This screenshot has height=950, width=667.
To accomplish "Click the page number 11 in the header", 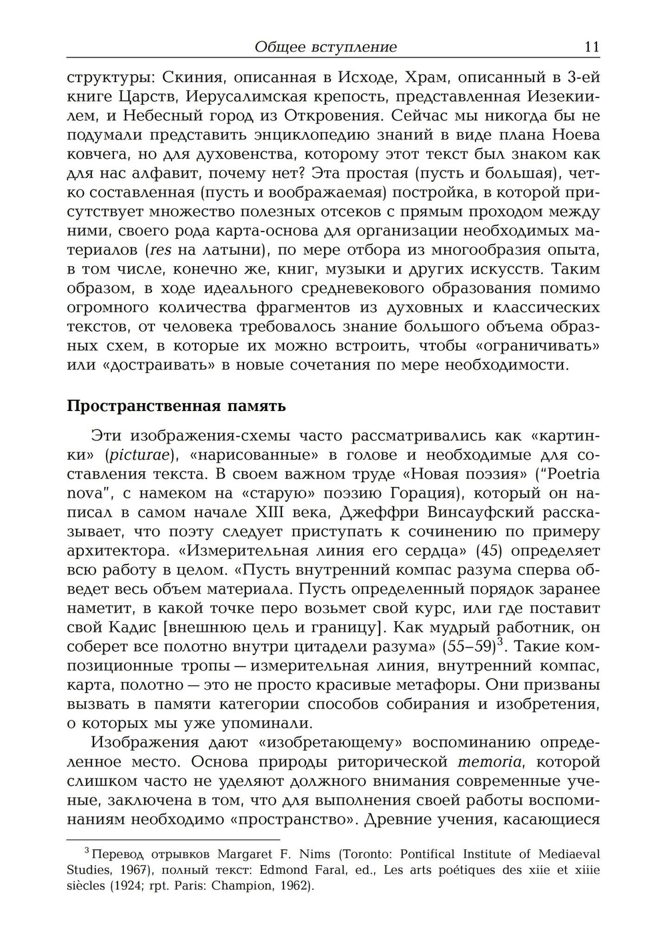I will (x=591, y=47).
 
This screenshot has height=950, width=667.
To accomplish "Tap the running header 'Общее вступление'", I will (x=325, y=47).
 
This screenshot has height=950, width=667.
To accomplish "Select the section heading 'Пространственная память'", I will (x=176, y=406).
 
